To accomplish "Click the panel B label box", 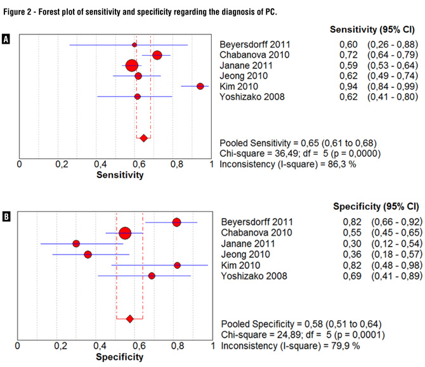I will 6,217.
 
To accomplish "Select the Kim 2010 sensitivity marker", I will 200,86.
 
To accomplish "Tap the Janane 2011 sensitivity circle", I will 131,65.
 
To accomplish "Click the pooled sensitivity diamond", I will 143,138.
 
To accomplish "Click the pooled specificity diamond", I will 129,319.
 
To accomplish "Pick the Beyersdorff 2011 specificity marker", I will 176,222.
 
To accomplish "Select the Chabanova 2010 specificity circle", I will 125,233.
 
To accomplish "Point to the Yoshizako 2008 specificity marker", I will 152,276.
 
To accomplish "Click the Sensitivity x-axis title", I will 120,176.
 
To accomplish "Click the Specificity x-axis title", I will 119,357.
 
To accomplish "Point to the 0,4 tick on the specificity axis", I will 100,346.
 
